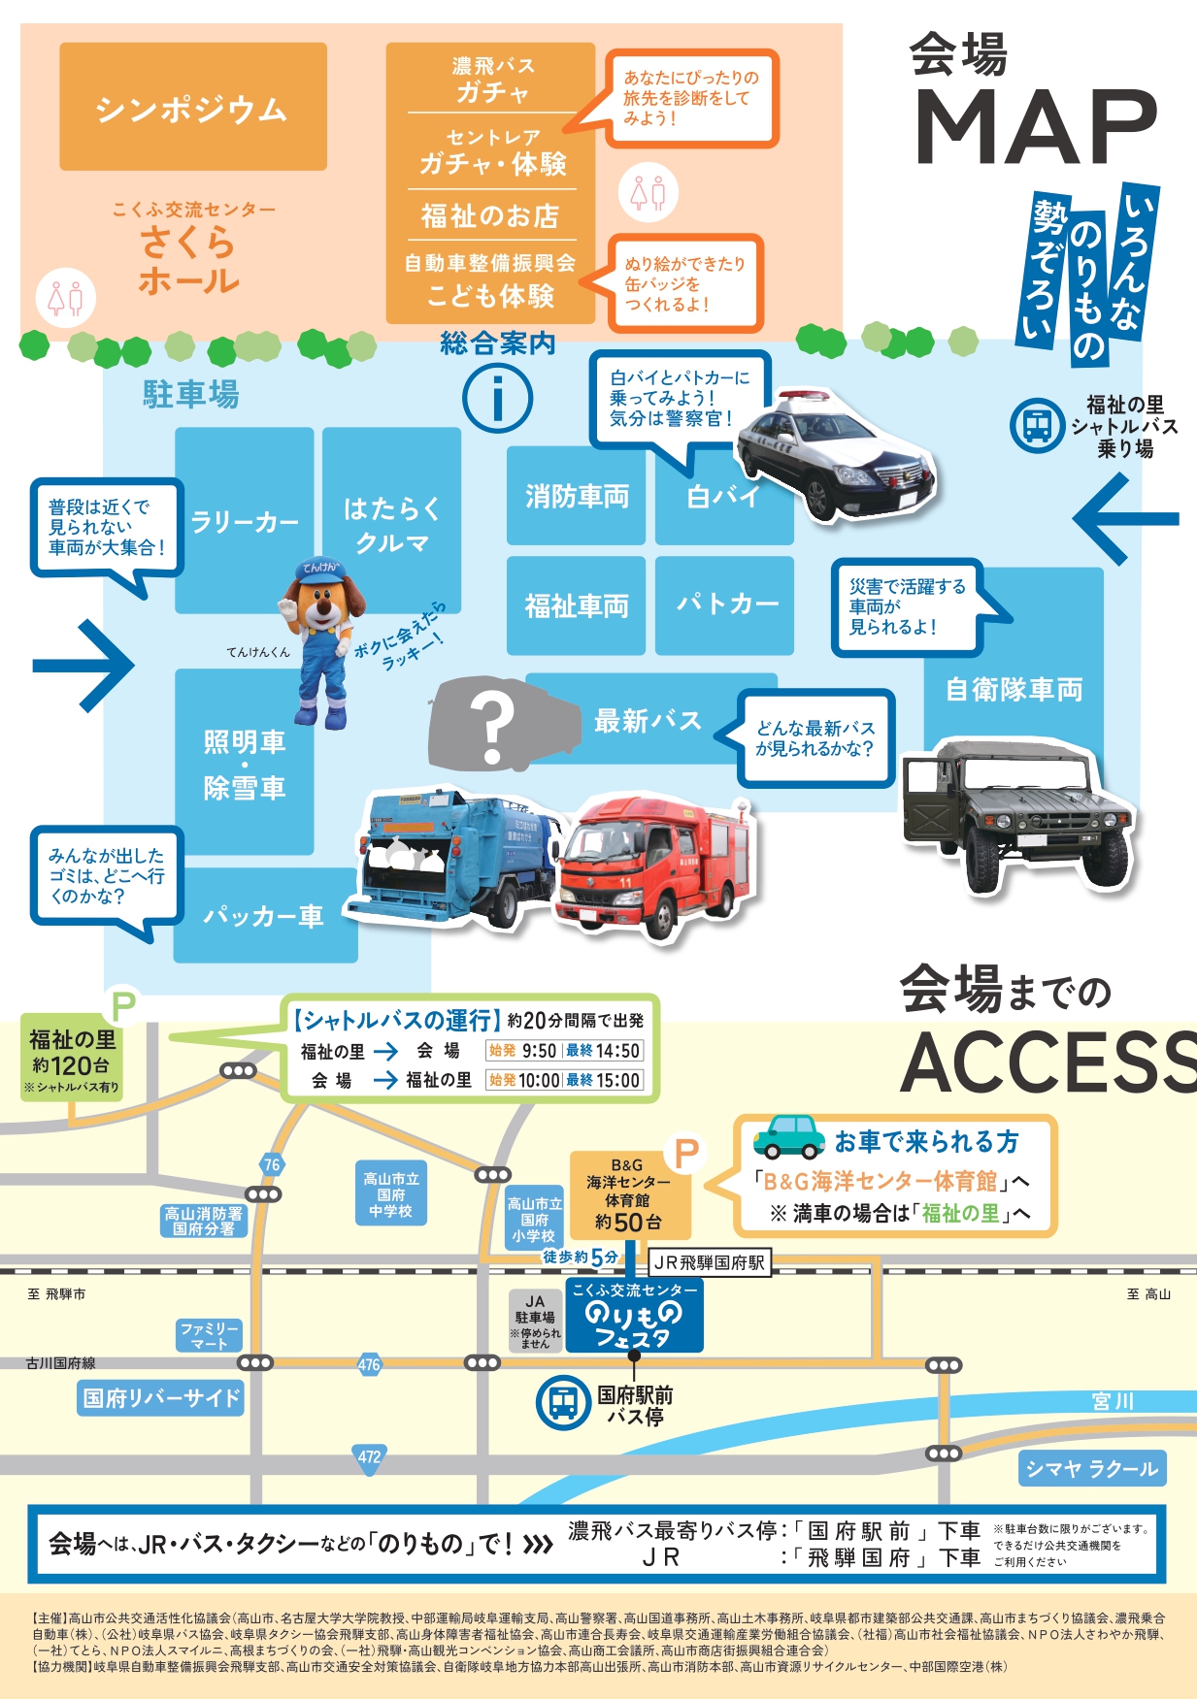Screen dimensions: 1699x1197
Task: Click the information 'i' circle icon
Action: pyautogui.click(x=497, y=398)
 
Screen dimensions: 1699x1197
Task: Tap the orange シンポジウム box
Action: pyautogui.click(x=192, y=107)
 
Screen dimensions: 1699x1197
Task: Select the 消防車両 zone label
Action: pyautogui.click(x=577, y=496)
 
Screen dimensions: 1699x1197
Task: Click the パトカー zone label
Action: pyautogui.click(x=726, y=604)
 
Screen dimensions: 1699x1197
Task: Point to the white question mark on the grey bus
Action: pyautogui.click(x=492, y=726)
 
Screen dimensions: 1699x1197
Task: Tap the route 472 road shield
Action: pyautogui.click(x=369, y=1456)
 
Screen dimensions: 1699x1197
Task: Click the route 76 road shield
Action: pyautogui.click(x=272, y=1164)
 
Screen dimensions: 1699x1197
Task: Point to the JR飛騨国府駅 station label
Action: pyautogui.click(x=710, y=1262)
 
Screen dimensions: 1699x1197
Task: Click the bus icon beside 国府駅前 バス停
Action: pyautogui.click(x=562, y=1402)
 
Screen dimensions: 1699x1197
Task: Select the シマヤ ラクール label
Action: pyautogui.click(x=1091, y=1469)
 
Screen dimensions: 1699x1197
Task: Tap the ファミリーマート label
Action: pyautogui.click(x=209, y=1335)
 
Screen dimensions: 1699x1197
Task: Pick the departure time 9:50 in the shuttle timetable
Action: pyautogui.click(x=539, y=1051)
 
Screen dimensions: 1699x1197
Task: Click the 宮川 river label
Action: pyautogui.click(x=1113, y=1401)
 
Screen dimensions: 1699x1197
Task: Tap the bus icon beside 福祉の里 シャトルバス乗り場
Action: pyautogui.click(x=1037, y=425)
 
